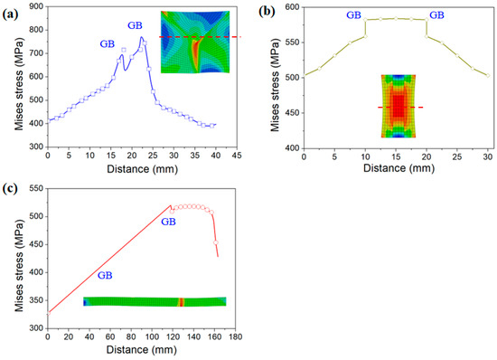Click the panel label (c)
coord(13,188)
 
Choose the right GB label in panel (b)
coord(436,14)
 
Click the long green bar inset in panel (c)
coord(154,302)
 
